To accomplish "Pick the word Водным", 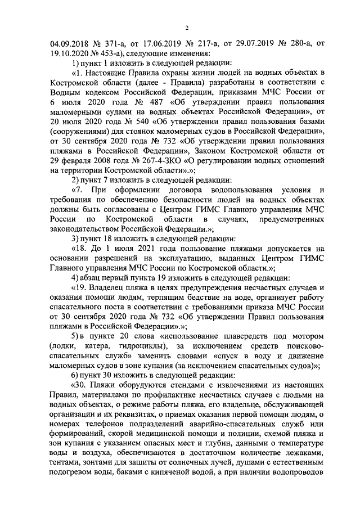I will click(67, 91).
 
